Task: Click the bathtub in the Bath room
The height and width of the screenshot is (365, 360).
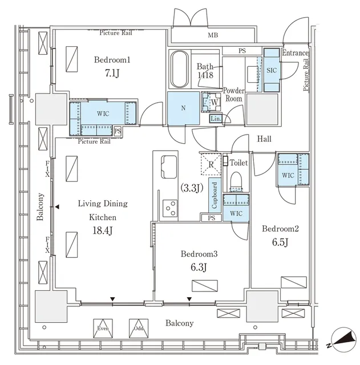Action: pos(180,69)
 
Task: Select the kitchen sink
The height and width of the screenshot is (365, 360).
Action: pos(169,167)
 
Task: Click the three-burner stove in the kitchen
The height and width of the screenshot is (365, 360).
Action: pos(170,208)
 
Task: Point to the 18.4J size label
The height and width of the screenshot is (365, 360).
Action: pos(103,230)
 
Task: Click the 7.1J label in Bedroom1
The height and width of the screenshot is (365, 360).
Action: pos(112,74)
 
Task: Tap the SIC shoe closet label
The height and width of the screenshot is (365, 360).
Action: pos(272,70)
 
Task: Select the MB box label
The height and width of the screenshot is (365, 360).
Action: pos(213,35)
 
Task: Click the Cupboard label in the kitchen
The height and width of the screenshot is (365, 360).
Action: pos(214,195)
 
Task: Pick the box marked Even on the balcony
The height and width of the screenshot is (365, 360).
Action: pos(103,328)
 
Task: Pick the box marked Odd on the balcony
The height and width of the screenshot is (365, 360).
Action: pos(139,328)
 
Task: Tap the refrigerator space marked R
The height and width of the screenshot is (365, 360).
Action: pos(211,165)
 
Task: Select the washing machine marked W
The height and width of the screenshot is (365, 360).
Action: pos(211,102)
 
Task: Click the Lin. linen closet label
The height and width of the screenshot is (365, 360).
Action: pos(216,119)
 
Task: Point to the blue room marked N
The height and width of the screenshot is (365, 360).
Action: pos(184,108)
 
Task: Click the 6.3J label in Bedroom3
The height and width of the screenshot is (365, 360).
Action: pos(199,267)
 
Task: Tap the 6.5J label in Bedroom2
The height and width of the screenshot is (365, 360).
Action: pos(280,242)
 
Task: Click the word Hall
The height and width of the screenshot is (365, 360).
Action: pos(264,139)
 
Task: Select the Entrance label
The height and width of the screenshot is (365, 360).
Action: pos(295,53)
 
